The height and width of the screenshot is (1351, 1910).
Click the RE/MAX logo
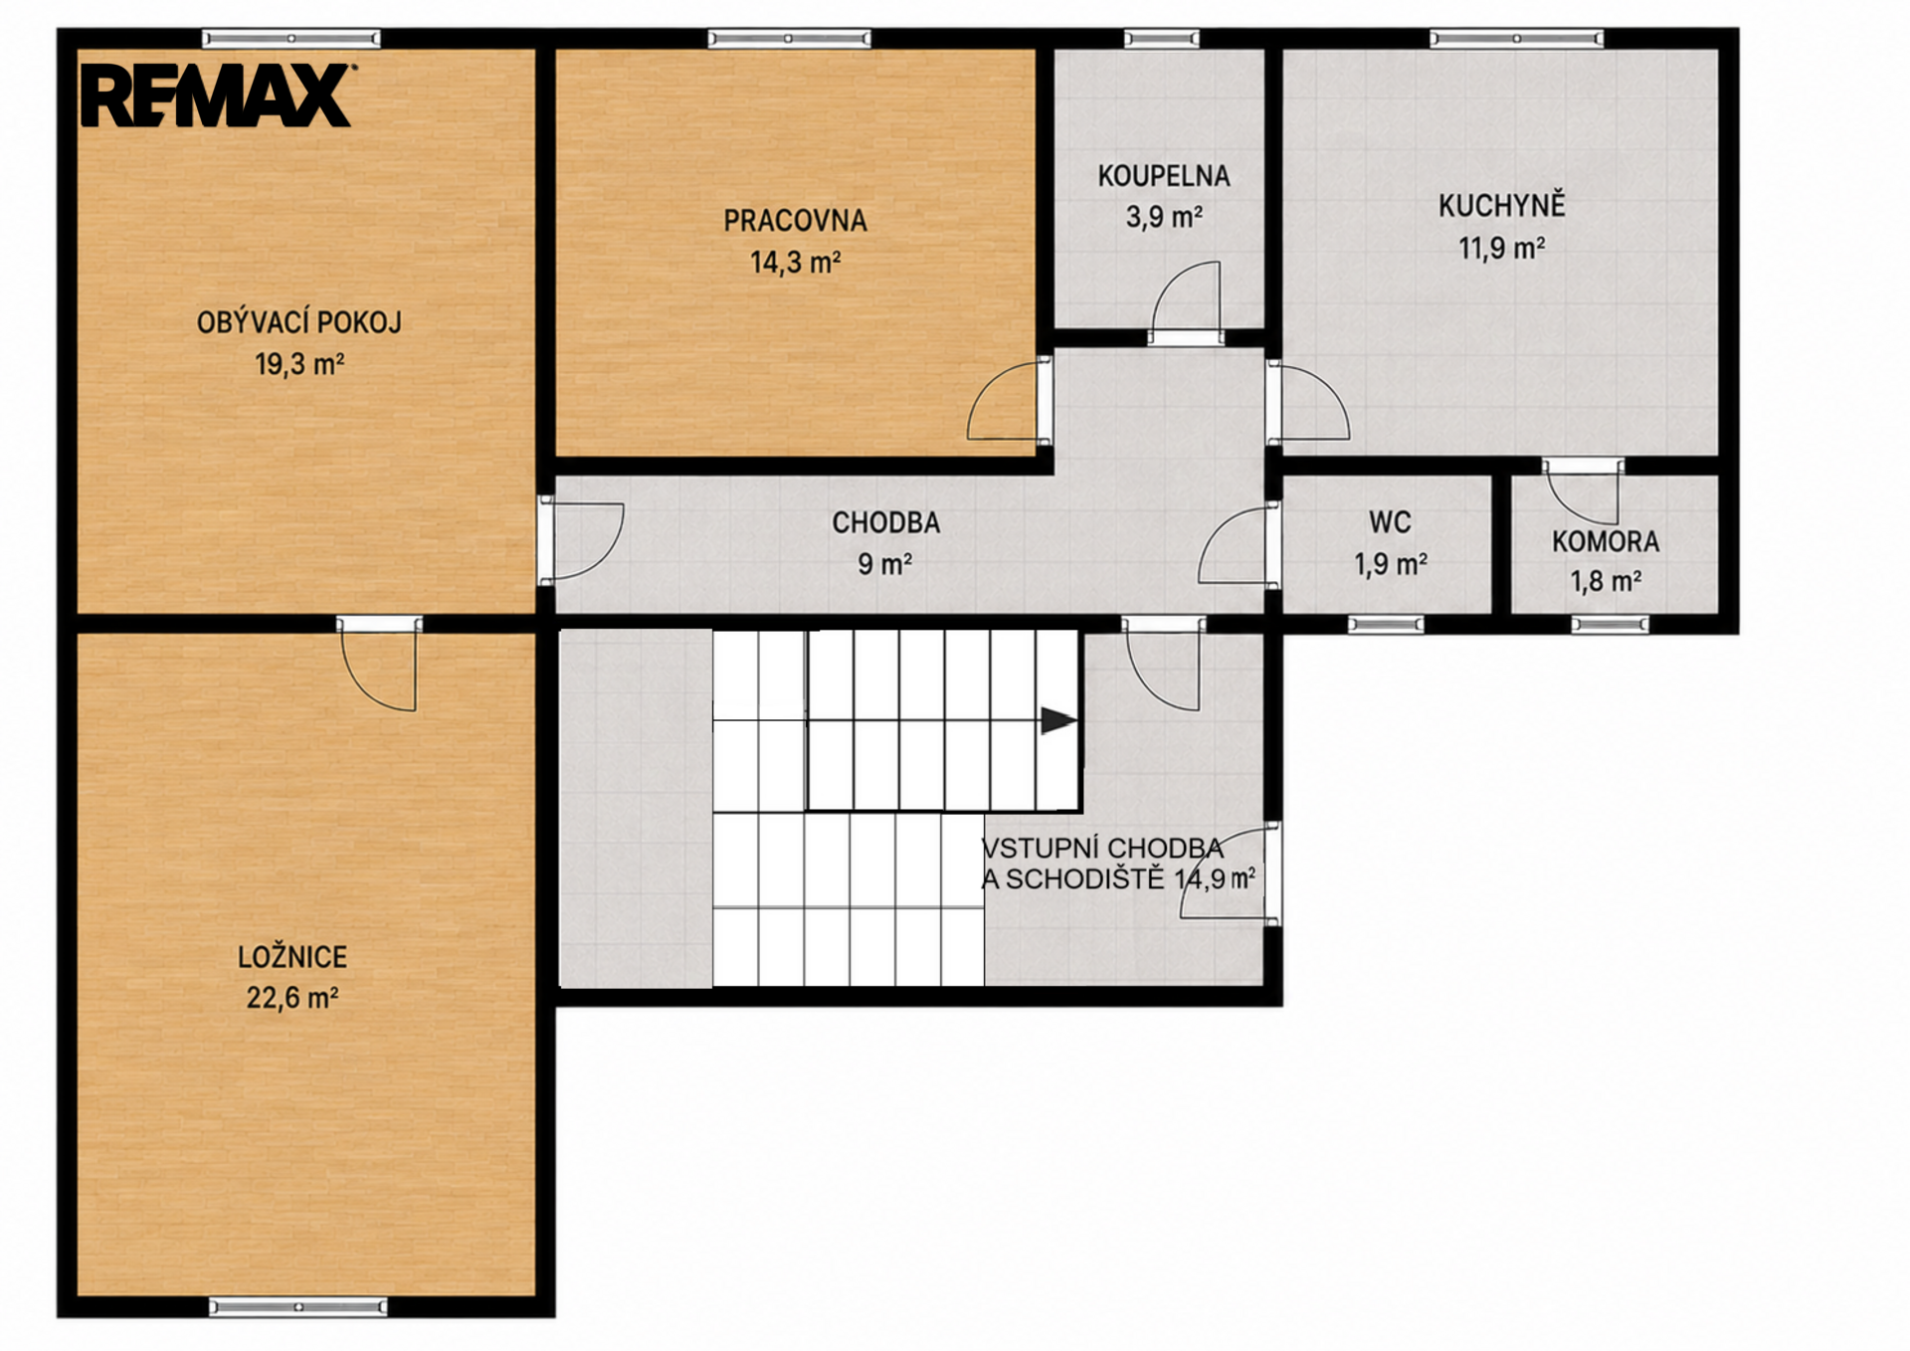click(217, 96)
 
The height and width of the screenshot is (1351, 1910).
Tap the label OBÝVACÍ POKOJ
click(298, 322)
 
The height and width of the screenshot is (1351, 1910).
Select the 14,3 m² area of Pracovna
click(795, 263)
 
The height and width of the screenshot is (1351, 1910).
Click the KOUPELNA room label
click(1164, 176)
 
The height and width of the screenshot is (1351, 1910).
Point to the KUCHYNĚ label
click(1501, 205)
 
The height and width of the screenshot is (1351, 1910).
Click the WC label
click(1390, 522)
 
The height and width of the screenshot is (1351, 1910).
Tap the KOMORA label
click(1606, 542)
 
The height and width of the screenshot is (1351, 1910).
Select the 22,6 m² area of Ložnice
click(292, 997)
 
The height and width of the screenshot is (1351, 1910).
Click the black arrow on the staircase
click(1058, 720)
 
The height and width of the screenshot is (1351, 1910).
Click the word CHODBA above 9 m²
click(885, 522)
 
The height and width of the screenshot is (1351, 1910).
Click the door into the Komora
click(1583, 491)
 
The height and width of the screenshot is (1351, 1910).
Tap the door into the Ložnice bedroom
click(379, 665)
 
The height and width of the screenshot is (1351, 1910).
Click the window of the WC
click(1386, 625)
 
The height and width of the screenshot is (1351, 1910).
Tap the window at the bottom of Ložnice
click(297, 1306)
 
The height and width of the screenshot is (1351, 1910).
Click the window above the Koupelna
click(1162, 39)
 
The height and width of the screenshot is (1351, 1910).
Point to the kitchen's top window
click(1516, 39)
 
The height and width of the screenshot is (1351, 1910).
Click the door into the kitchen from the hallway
click(1307, 402)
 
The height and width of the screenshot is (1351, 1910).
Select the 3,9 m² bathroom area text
click(1164, 216)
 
